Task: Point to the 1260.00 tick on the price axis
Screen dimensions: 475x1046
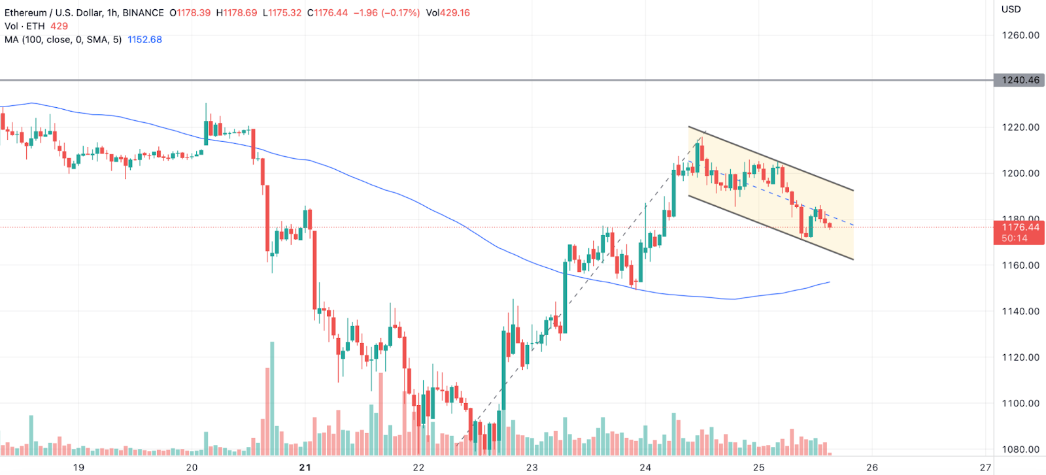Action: click(1021, 35)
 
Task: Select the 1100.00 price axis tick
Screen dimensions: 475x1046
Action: click(1021, 403)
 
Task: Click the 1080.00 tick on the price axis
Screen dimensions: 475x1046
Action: click(1021, 450)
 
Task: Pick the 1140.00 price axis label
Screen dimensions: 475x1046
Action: click(1021, 311)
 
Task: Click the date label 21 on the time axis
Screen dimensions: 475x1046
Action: click(305, 467)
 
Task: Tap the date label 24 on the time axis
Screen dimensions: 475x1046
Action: click(645, 467)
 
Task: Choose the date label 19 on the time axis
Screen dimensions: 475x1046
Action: click(78, 467)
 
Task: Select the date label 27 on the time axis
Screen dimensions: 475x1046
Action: click(985, 467)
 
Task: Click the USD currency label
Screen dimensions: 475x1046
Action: click(1011, 9)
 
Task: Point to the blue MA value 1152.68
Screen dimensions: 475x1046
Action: click(144, 39)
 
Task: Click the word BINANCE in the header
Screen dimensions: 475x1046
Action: click(143, 12)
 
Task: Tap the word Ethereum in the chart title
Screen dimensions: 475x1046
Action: click(25, 12)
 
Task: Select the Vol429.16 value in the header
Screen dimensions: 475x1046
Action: click(448, 12)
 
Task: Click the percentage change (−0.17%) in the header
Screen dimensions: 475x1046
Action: click(396, 12)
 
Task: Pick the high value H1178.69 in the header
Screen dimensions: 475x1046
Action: click(237, 12)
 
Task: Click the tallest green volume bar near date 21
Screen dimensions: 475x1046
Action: click(272, 399)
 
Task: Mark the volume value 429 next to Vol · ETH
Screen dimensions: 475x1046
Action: click(59, 26)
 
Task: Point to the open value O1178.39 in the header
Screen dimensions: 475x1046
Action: click(190, 12)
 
